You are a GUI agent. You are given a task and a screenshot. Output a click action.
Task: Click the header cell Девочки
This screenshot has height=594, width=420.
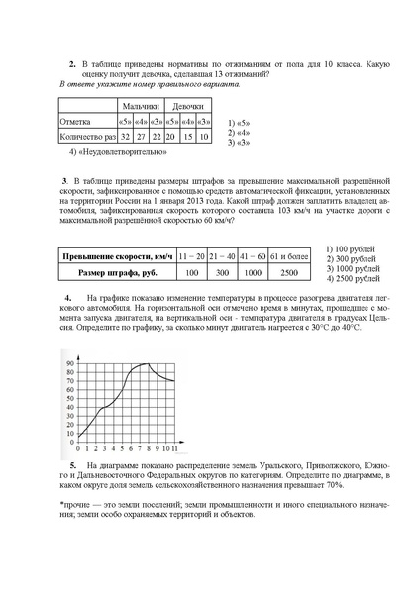[188, 105]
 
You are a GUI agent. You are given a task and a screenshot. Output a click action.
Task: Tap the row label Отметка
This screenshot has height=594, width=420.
[76, 121]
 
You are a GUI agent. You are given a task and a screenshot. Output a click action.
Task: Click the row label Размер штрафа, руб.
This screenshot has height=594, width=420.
[118, 271]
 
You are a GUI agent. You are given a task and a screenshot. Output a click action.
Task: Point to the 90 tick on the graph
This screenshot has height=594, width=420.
[70, 364]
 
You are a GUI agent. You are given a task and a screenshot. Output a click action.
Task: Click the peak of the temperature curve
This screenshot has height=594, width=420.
[146, 363]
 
